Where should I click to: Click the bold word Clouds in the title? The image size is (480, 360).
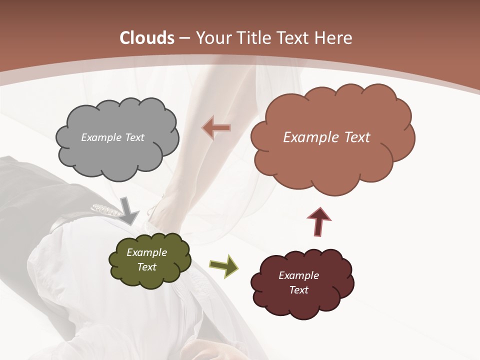(147, 38)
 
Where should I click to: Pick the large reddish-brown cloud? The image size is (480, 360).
(330, 160)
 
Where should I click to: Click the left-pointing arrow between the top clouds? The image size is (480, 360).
(216, 128)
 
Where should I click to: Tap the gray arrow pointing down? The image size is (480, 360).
(128, 210)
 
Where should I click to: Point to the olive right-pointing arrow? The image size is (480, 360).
(223, 265)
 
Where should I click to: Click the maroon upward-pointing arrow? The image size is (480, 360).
(319, 221)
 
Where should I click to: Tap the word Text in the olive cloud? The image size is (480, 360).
(146, 267)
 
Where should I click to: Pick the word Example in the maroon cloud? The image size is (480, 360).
(298, 275)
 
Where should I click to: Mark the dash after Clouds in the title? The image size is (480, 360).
(184, 38)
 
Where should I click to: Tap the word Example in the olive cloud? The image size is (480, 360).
(146, 252)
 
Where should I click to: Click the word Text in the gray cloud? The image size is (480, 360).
(133, 137)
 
